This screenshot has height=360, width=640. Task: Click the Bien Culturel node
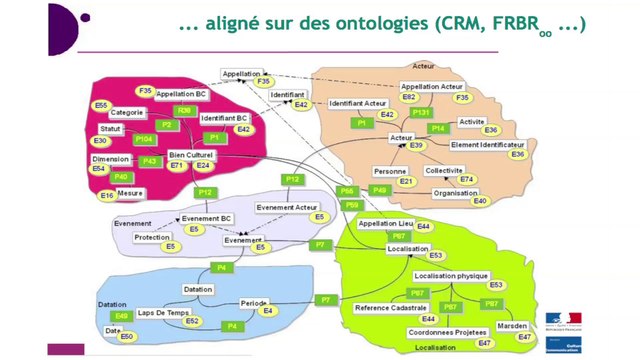[x=191, y=154]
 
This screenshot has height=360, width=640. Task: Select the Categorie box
[x=126, y=112]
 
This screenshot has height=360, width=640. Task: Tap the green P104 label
[x=143, y=139]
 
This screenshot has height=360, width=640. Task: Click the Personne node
[x=390, y=171]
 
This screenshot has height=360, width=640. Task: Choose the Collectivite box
[x=444, y=170]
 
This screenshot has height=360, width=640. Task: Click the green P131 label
[x=420, y=113]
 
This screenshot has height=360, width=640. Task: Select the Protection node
[x=151, y=237]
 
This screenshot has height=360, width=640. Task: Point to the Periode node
[x=254, y=302]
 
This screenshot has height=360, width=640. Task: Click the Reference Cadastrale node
[x=391, y=307]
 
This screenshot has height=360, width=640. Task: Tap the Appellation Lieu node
[x=385, y=224]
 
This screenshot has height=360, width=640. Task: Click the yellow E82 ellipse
[x=409, y=97]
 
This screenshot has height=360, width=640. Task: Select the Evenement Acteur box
[x=287, y=207]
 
